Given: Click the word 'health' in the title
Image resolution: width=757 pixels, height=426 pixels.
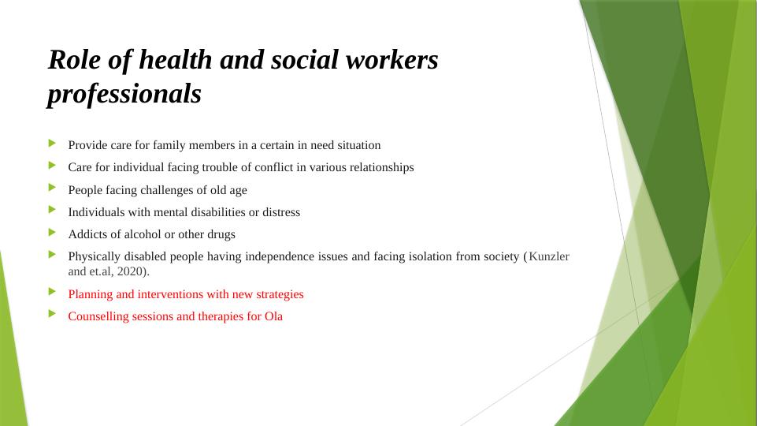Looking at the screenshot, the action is point(175,61).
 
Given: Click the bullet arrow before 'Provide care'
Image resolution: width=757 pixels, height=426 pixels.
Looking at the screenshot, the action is point(52,143).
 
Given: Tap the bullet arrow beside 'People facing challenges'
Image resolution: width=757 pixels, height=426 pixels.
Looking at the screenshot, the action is point(52,188).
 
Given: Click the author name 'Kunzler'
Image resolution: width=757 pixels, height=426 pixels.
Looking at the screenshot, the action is point(549,256).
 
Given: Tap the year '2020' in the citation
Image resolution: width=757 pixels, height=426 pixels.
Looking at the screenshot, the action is point(130,271).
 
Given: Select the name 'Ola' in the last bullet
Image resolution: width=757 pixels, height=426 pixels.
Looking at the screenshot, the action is point(273,316).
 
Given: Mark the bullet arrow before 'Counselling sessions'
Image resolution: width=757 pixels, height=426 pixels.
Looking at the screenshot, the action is point(52,314).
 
